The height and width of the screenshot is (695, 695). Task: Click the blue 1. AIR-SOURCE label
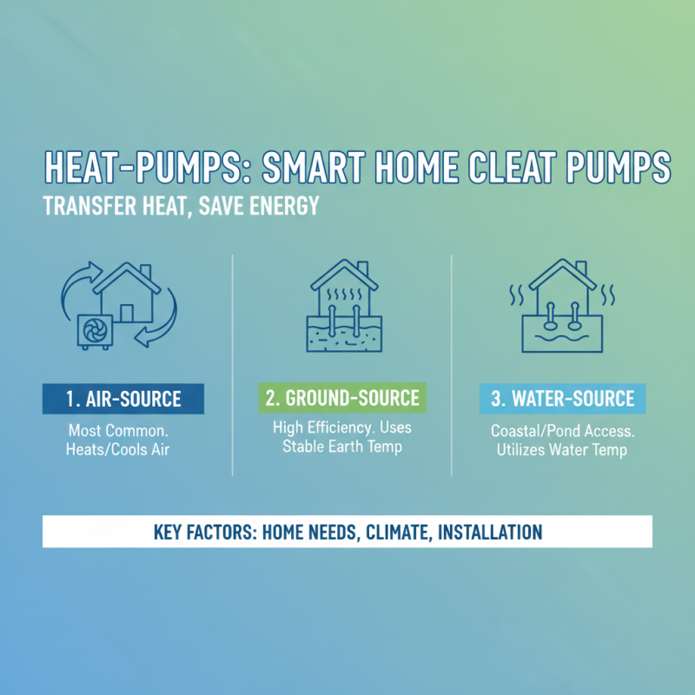pos(122,399)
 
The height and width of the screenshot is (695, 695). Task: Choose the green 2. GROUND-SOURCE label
pos(342,399)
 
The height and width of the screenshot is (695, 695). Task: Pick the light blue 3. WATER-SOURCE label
pos(563,399)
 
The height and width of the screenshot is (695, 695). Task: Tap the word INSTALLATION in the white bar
pos(491,531)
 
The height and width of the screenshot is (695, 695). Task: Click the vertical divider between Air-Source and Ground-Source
pos(233,365)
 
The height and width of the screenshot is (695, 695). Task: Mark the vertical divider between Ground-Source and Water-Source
pos(452,365)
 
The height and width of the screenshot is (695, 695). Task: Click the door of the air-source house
pos(128,313)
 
